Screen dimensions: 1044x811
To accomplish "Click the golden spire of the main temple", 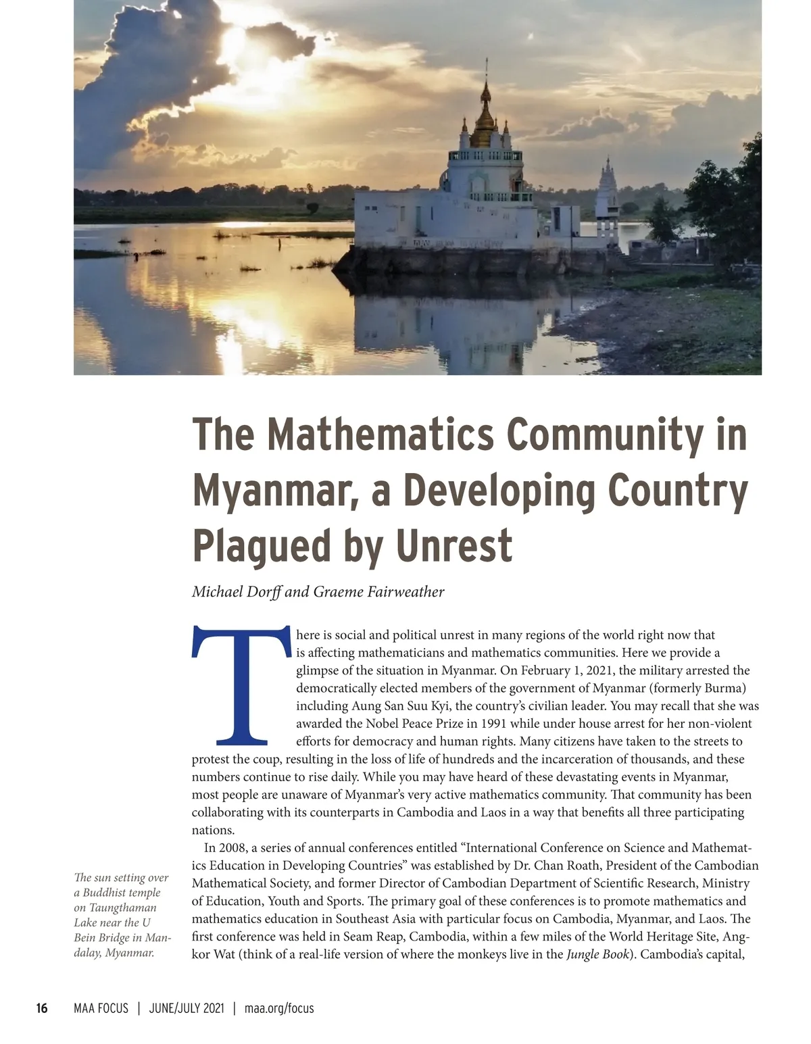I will (485, 118).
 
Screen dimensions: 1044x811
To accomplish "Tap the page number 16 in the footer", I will (42, 1008).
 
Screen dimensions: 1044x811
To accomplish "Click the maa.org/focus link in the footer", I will (279, 1008).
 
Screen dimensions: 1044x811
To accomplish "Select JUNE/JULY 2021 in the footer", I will (186, 1008).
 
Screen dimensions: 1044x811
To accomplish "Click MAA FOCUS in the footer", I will (101, 1008).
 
